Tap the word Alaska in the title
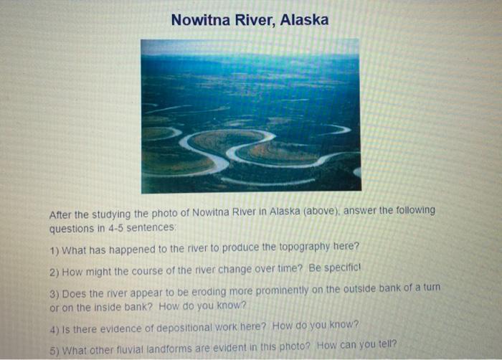click(x=303, y=19)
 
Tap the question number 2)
click(x=54, y=271)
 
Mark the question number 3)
click(x=54, y=293)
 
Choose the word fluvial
click(x=136, y=350)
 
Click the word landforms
click(x=177, y=350)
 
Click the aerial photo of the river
click(x=250, y=116)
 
